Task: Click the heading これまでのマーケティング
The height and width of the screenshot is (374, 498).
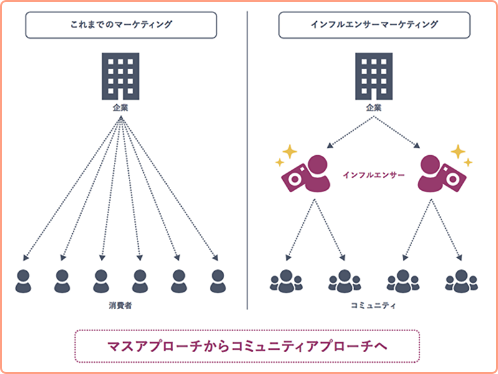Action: [x=121, y=25]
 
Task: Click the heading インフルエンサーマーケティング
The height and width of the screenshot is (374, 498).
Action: [x=375, y=25]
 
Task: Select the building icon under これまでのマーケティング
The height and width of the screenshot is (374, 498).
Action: [x=120, y=76]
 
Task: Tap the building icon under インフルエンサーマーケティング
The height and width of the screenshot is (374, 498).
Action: [x=374, y=76]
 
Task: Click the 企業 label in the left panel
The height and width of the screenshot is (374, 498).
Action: [x=120, y=108]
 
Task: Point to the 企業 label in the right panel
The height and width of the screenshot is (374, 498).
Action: [x=374, y=108]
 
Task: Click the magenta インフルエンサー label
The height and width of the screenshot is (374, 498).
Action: [x=374, y=175]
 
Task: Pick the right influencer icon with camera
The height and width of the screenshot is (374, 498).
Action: [x=442, y=174]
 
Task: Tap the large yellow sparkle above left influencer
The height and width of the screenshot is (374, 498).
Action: [x=289, y=151]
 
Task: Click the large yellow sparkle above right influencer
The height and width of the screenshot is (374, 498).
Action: [x=458, y=151]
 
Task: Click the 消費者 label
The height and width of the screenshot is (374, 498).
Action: [x=120, y=306]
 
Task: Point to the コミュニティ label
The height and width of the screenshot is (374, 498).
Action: [x=374, y=306]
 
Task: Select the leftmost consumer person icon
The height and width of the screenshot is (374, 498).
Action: [x=23, y=281]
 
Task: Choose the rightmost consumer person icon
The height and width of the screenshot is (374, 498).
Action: [x=218, y=281]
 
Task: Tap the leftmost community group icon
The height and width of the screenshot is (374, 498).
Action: [x=286, y=281]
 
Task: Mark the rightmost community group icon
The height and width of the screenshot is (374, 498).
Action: [x=461, y=281]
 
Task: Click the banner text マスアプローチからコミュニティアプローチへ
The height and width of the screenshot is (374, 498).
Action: [x=247, y=347]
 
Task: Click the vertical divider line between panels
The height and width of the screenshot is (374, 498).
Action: [x=247, y=160]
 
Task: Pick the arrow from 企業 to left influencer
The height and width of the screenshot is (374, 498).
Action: [x=350, y=132]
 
